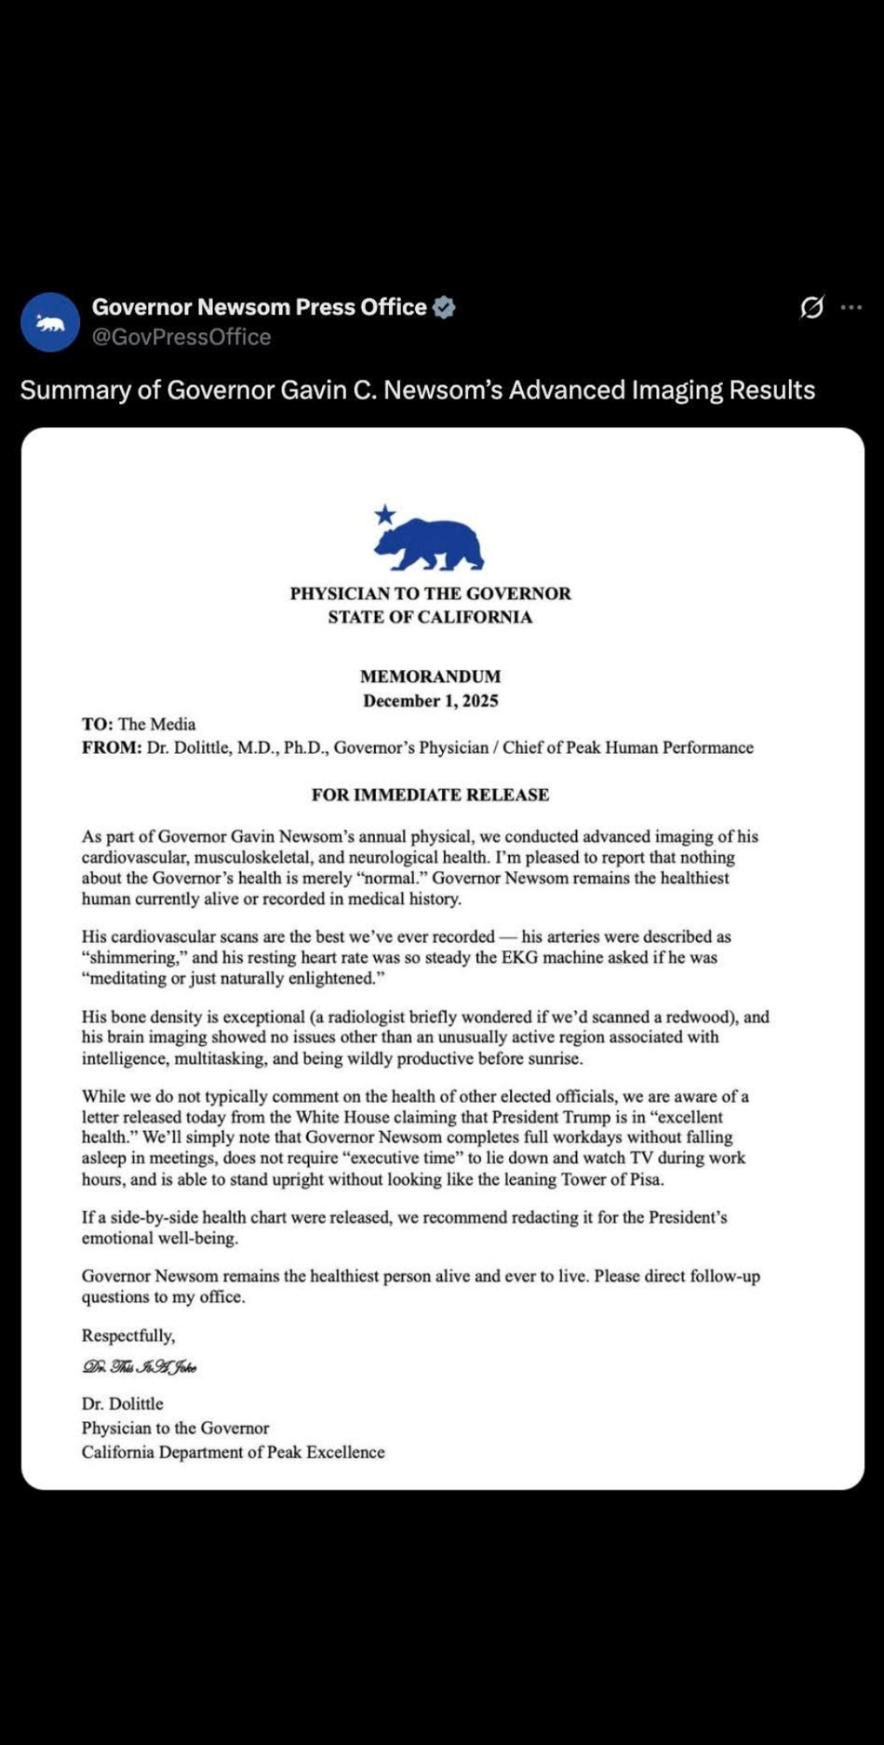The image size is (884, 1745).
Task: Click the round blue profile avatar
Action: point(51,322)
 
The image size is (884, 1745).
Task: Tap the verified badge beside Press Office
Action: point(444,307)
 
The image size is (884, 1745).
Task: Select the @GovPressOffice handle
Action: point(181,337)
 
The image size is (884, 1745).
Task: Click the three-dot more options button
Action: point(851,307)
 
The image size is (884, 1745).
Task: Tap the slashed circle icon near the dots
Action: point(812,307)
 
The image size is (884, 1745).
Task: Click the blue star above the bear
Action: point(384,515)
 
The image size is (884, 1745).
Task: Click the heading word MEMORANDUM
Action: point(431,676)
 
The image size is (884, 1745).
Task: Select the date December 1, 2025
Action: point(431,701)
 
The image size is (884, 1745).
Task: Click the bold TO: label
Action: point(98,724)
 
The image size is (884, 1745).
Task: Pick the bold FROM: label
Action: point(112,748)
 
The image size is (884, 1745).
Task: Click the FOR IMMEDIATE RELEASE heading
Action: point(431,795)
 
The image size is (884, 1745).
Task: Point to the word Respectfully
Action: point(128,1336)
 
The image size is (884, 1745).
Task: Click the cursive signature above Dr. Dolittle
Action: point(139,1367)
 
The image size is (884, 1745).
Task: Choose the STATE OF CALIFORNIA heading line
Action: point(431,617)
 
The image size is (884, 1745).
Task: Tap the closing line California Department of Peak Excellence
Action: point(233,1452)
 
